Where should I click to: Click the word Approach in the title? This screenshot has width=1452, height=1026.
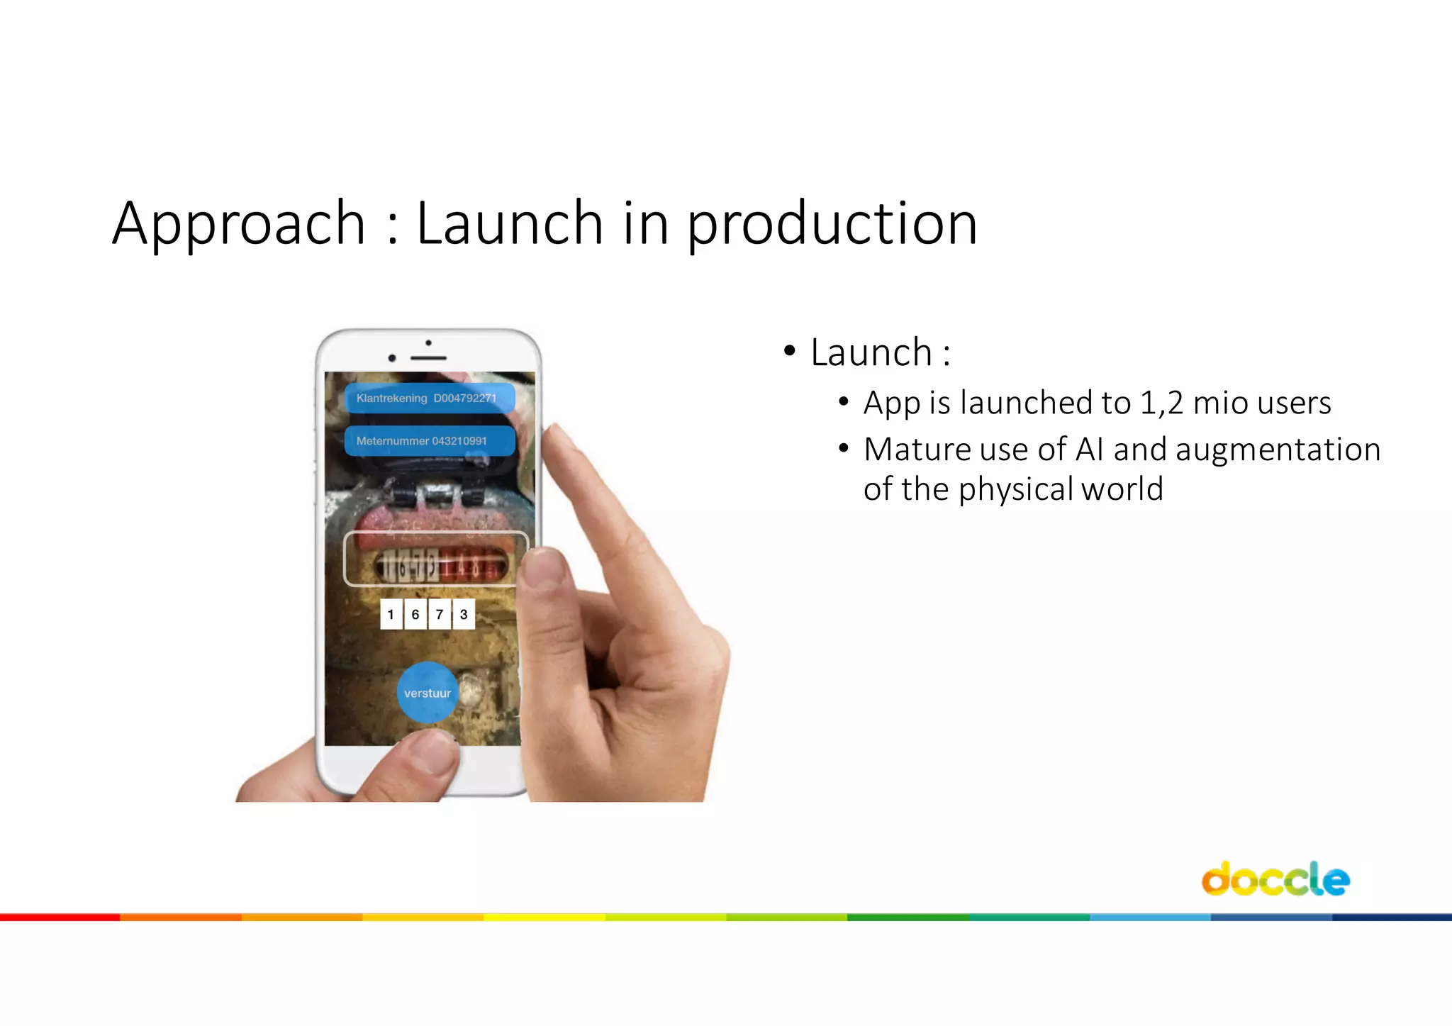[238, 224]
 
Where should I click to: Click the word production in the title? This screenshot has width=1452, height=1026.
[832, 224]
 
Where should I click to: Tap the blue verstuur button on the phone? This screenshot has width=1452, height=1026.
[427, 693]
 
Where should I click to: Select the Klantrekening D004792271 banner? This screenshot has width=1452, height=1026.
[429, 398]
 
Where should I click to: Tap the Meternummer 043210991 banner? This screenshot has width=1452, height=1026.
[429, 440]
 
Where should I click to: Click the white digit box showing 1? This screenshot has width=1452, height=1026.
[391, 614]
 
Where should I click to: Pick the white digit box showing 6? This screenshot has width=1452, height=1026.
[415, 614]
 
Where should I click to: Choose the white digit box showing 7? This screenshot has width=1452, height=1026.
[440, 614]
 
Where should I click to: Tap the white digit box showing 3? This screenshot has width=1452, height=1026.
[464, 614]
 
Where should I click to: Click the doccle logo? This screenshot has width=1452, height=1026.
[1275, 879]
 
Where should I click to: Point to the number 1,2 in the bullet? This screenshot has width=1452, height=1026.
[1161, 403]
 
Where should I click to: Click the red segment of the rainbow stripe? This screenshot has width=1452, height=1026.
[60, 918]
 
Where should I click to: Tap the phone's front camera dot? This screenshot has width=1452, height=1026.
[392, 358]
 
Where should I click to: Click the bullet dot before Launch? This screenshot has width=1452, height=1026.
[789, 351]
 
